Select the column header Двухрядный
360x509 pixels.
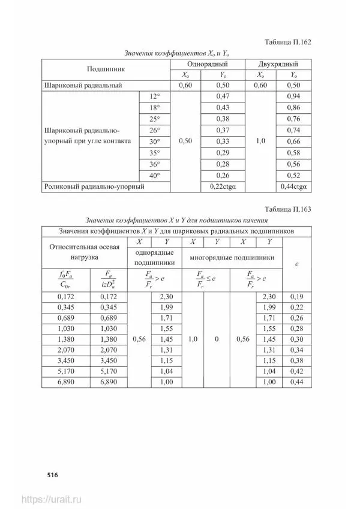click(277, 64)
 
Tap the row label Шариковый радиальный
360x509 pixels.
click(83, 86)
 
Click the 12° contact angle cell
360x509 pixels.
click(155, 97)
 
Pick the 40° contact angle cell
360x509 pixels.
click(155, 175)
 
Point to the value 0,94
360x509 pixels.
click(293, 97)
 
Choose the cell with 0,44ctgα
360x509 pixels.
click(293, 186)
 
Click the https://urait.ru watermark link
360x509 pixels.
click(52, 499)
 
